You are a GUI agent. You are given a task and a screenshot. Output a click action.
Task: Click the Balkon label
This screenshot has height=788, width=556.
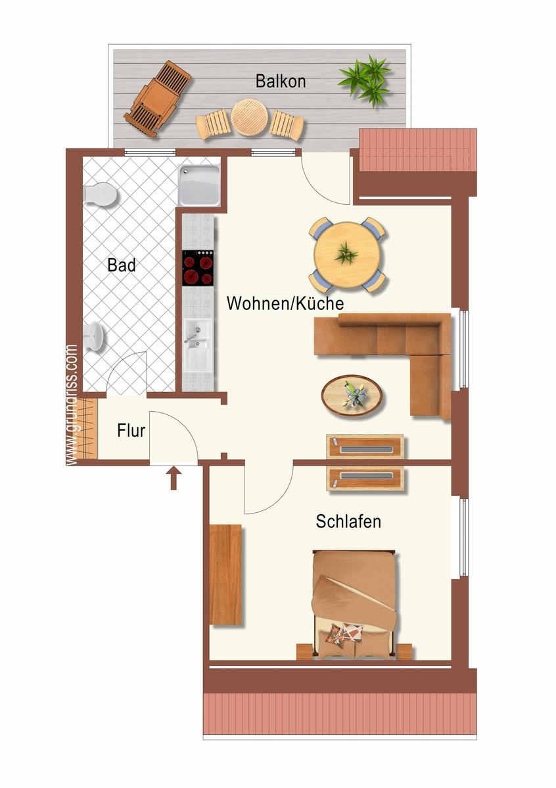(280, 81)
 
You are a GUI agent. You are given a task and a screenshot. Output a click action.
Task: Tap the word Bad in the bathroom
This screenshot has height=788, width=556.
(122, 265)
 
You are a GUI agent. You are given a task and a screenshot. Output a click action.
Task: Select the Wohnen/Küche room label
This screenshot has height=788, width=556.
(285, 303)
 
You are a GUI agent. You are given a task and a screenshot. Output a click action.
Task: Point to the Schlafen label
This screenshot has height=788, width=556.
(348, 521)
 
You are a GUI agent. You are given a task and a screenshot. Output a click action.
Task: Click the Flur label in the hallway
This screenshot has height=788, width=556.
(131, 431)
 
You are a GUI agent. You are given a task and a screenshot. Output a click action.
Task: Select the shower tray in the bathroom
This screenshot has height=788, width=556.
(199, 185)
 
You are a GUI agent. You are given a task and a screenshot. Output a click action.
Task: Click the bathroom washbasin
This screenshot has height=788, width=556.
(95, 337)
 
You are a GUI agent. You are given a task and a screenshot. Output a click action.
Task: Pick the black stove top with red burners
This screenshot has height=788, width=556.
(198, 268)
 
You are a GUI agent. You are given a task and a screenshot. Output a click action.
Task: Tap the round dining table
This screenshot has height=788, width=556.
(347, 255)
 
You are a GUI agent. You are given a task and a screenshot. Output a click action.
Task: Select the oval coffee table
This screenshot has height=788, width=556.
(352, 396)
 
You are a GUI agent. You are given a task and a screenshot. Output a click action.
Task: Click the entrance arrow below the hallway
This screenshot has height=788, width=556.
(174, 478)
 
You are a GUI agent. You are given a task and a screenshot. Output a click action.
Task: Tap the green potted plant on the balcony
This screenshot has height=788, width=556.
(365, 80)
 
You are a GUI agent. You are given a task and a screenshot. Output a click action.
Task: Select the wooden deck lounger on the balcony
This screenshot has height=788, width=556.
(157, 99)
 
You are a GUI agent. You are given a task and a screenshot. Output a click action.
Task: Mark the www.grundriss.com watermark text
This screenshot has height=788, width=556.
(72, 405)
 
